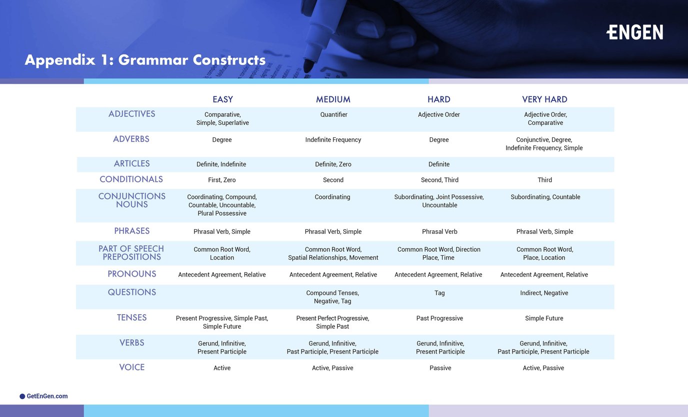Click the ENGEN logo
pos(634,32)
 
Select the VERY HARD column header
pos(544,99)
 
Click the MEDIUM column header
pos(333,99)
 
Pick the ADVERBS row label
pos(131,139)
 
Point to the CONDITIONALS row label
pos(131,179)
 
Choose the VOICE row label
pos(132,367)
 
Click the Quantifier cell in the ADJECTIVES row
pos(333,114)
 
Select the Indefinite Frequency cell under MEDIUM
pos(333,140)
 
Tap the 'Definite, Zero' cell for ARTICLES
pos(333,164)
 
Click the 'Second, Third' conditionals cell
pos(439,180)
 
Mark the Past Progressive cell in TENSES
pos(439,318)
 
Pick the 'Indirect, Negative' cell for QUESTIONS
pos(544,293)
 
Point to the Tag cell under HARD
pos(439,293)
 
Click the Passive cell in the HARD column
pos(440,368)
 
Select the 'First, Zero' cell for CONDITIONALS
pos(222,180)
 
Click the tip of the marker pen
pos(307,70)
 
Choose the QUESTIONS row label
pos(132,292)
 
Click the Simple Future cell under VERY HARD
pos(544,318)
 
